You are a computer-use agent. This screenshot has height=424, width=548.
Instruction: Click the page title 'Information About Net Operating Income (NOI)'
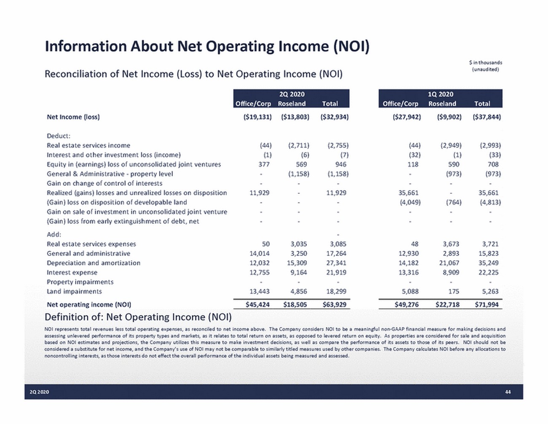207,46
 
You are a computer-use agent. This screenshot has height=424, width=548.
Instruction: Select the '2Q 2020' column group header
291,94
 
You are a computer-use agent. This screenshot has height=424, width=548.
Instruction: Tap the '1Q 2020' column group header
440,94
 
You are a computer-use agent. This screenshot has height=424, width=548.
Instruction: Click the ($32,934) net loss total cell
334,117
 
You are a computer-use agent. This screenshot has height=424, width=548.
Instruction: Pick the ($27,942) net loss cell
407,117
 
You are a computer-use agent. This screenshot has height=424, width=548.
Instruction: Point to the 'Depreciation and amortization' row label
93,263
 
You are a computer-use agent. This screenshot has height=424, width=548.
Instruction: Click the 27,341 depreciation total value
336,263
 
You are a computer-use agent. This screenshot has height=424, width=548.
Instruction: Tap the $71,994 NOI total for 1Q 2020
486,304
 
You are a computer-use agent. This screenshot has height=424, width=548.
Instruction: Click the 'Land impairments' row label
74,291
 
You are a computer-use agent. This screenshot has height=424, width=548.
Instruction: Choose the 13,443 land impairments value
259,291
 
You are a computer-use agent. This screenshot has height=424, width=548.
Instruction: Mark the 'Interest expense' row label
72,272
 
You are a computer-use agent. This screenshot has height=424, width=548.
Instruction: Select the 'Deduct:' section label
59,136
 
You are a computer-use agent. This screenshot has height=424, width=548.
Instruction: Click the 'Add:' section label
54,234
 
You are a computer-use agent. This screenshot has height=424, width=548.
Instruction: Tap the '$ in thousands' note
485,63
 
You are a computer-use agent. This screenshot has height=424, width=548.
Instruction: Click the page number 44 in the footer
508,392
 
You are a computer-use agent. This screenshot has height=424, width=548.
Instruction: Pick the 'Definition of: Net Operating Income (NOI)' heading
138,317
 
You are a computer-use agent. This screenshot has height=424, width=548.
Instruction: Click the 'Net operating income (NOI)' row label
89,304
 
